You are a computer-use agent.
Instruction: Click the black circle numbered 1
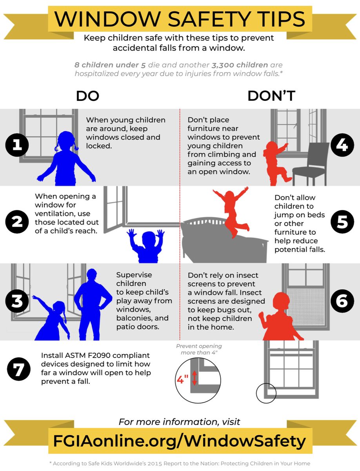click(17, 145)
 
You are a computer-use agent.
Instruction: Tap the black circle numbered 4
click(342, 145)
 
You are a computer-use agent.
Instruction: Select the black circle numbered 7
click(19, 369)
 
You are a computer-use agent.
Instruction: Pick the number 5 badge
click(342, 222)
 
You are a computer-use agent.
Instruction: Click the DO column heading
click(87, 96)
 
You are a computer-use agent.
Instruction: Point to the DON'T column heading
click(271, 96)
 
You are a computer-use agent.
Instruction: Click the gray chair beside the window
click(310, 164)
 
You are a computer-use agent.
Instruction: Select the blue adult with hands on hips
click(93, 305)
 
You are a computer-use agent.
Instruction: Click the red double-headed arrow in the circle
click(194, 378)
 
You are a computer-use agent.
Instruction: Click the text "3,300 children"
click(240, 65)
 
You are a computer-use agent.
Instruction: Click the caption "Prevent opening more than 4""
click(199, 349)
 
